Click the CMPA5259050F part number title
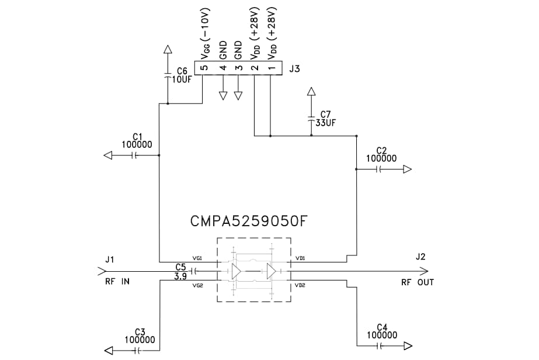point(249,221)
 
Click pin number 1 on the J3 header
point(270,68)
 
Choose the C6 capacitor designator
point(182,71)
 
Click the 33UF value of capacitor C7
point(326,123)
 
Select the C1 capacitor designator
point(138,136)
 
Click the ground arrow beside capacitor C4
point(406,346)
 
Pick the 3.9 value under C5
point(180,276)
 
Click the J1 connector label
point(110,257)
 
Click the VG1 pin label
point(197,258)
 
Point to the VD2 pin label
point(300,285)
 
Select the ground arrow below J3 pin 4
point(222,95)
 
